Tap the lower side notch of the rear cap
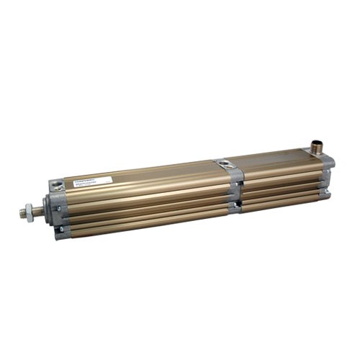[326, 192]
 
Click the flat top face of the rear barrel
[277, 160]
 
